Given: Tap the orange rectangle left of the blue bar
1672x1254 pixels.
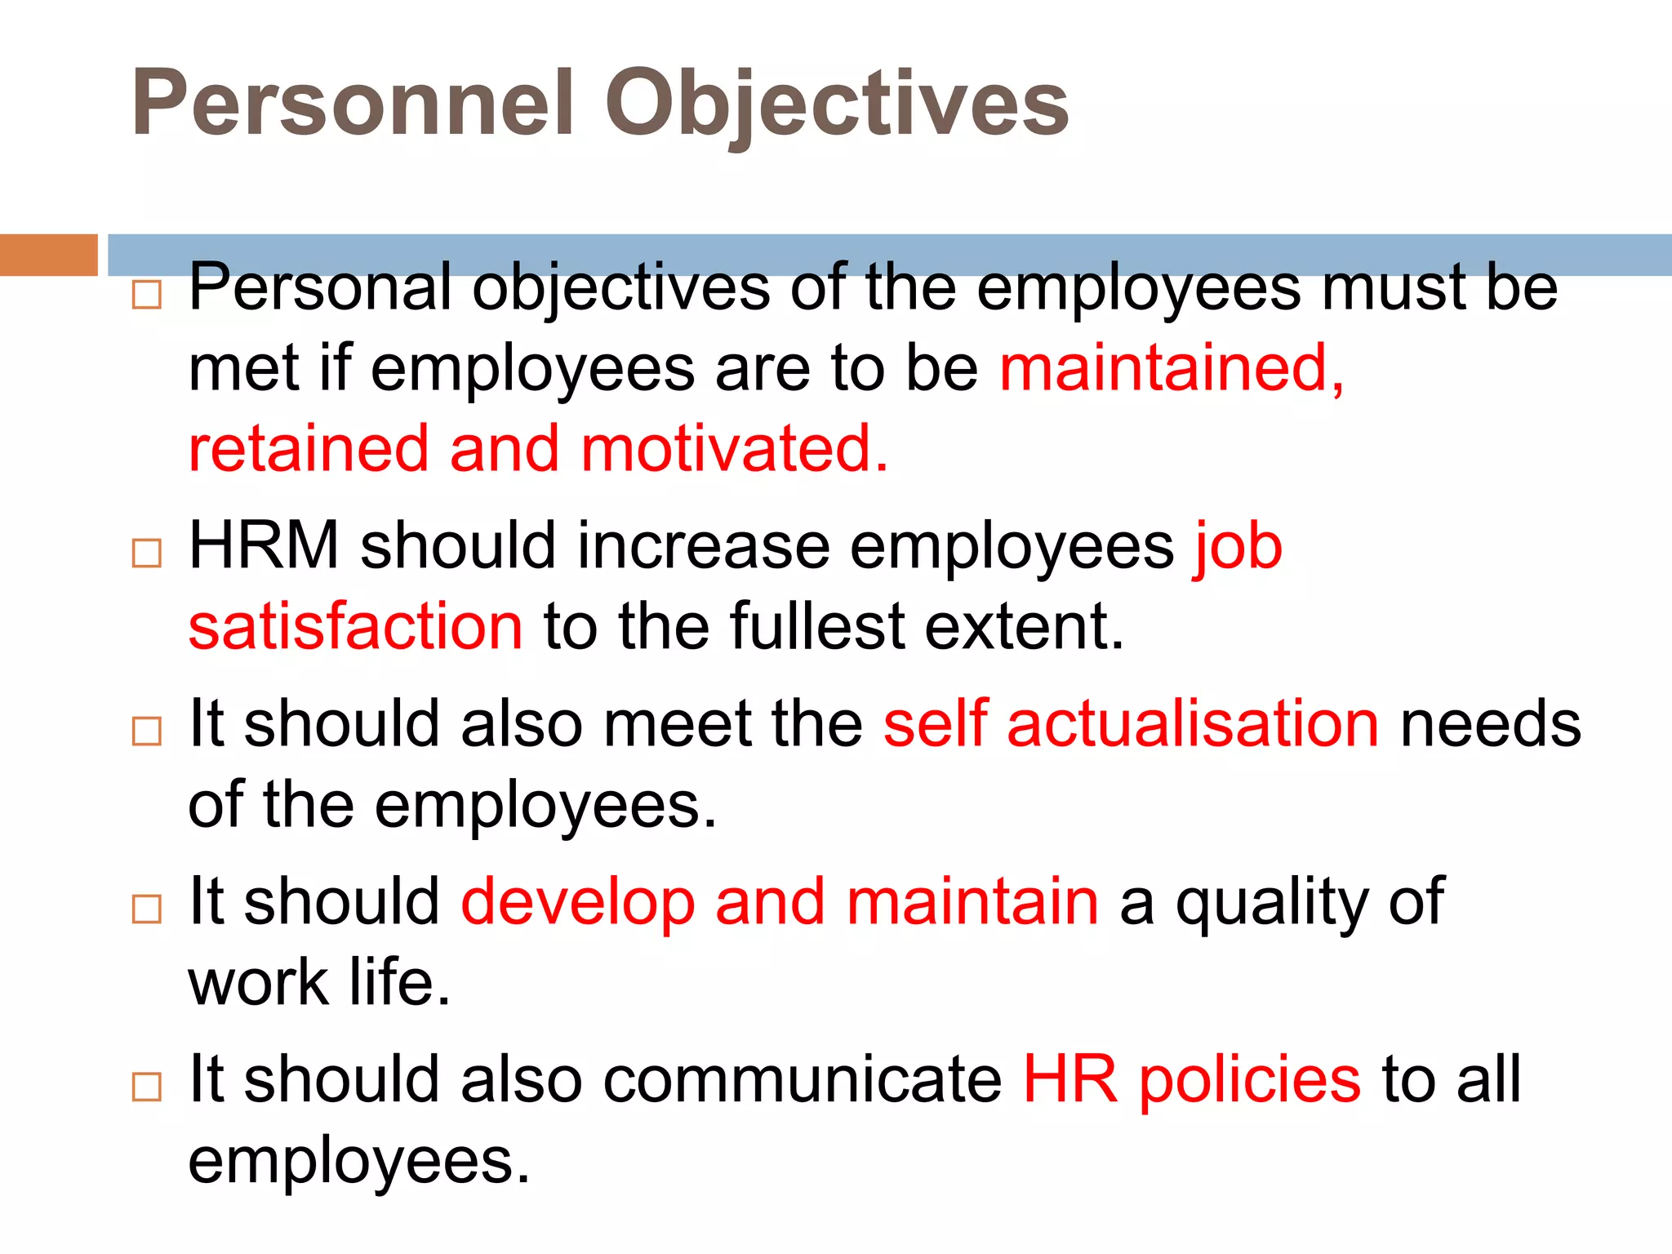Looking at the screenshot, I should click(x=49, y=255).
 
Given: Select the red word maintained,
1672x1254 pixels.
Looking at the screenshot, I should click(x=1172, y=369).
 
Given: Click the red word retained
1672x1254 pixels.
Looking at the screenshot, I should click(x=309, y=449).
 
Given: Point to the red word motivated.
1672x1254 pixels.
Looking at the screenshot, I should click(x=734, y=449).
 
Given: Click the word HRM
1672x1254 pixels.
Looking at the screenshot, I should click(x=264, y=545).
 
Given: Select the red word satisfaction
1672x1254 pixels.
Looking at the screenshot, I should click(x=355, y=627).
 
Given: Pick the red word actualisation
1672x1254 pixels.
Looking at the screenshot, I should click(x=1193, y=723).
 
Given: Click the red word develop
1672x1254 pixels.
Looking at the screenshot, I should click(x=578, y=903).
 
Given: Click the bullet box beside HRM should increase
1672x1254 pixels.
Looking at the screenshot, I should click(x=147, y=554).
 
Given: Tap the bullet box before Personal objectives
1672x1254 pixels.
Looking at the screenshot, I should click(x=147, y=295).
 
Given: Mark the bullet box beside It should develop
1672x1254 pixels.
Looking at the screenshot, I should click(x=147, y=909).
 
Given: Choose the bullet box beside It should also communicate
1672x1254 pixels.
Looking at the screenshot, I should click(x=147, y=1087).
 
